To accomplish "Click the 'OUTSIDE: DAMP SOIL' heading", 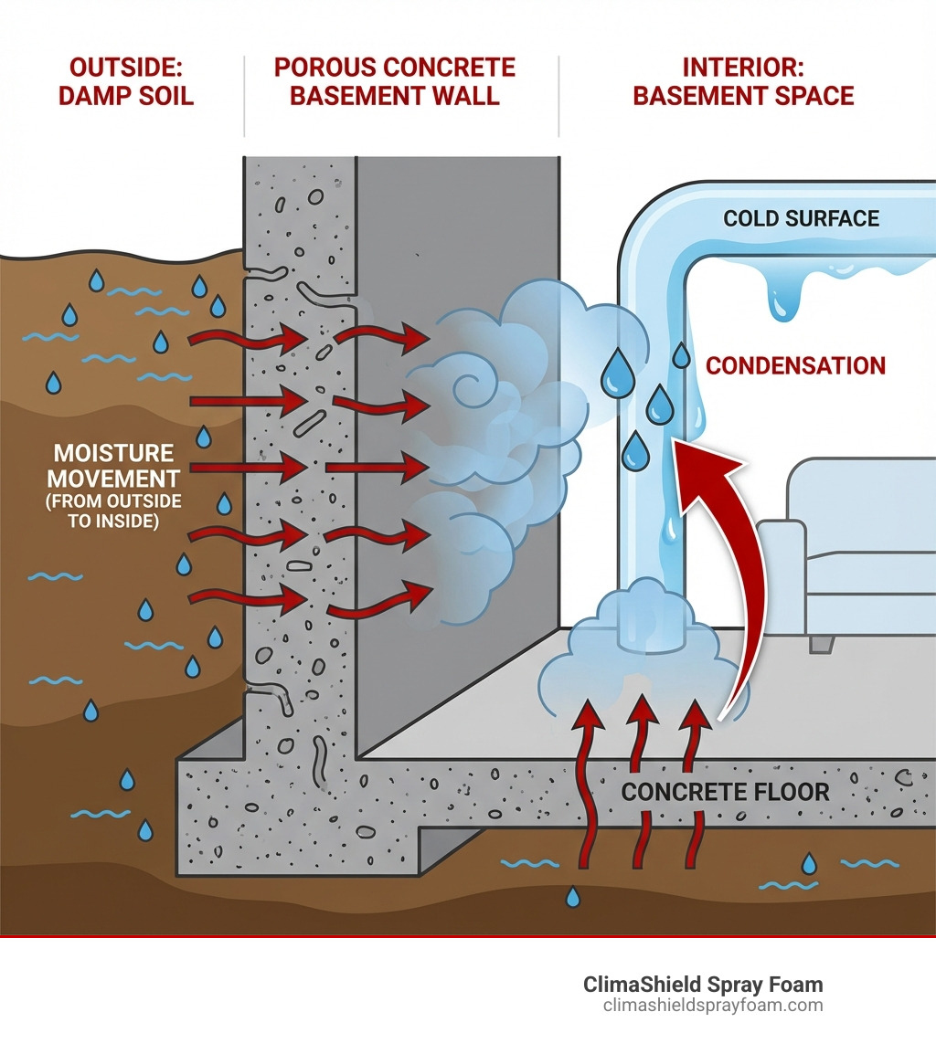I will pos(126,81).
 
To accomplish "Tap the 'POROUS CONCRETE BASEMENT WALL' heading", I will pos(395,81).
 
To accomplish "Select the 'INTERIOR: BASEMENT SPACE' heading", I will pos(743,81).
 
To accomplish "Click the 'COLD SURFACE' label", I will pos(801,218).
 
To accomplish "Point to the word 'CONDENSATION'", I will pos(796,366).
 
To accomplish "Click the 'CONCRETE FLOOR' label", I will pos(726,791).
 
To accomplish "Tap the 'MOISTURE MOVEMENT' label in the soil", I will pos(113,466).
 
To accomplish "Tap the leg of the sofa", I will pos(822,644).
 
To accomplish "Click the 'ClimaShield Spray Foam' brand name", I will pos(703,985).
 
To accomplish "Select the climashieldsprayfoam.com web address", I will pos(713,1006).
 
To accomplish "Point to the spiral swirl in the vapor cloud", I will pos(475,388).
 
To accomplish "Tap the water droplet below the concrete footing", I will pos(572,897).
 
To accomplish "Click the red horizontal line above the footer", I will pos(468,936).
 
